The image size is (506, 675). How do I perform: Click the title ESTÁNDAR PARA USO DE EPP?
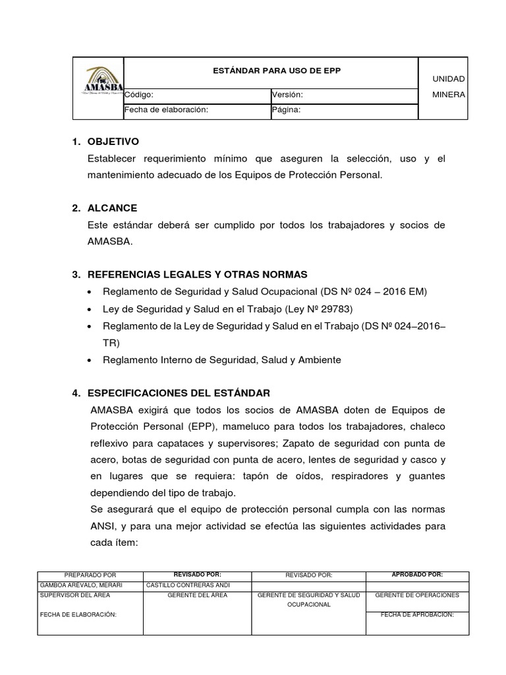click(x=271, y=71)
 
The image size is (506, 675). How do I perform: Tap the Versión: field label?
click(x=287, y=95)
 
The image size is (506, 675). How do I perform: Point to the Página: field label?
click(x=286, y=110)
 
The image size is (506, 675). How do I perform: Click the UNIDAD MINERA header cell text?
click(x=448, y=86)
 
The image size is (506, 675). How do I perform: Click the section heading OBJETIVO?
click(x=113, y=142)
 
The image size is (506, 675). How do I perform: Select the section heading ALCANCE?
click(x=112, y=208)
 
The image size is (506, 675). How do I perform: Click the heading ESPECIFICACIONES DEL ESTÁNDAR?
click(x=179, y=393)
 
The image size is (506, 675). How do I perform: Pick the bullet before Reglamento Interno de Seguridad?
click(x=90, y=360)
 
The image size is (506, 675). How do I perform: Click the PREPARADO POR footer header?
click(x=90, y=575)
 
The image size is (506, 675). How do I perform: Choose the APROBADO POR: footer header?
click(x=417, y=575)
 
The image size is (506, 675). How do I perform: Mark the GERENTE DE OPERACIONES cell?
click(x=417, y=595)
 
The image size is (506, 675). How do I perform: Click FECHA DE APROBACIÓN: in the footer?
click(x=417, y=614)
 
